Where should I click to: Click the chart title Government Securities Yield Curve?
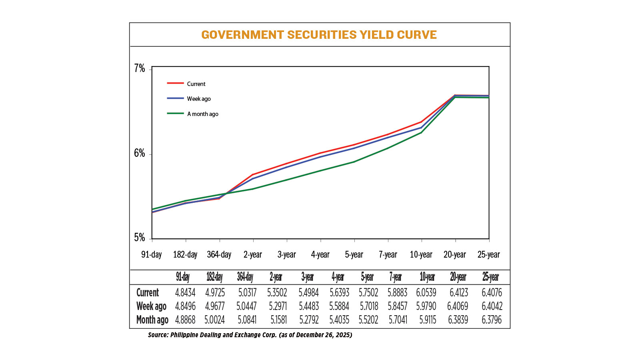click(319, 35)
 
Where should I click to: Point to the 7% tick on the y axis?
click(139, 69)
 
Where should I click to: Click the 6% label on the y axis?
click(139, 154)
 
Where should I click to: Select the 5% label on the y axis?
click(139, 238)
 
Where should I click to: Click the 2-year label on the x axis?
click(253, 255)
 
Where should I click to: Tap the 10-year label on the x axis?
click(421, 255)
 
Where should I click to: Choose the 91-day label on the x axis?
click(152, 255)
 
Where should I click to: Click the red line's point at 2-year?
click(253, 174)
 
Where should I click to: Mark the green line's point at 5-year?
click(354, 162)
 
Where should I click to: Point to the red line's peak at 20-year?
click(455, 95)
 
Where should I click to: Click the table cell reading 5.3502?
click(277, 293)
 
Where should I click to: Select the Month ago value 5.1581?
click(278, 320)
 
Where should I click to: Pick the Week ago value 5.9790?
click(426, 306)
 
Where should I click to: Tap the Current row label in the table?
click(148, 293)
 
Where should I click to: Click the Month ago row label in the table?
click(152, 320)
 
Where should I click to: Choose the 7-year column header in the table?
click(396, 277)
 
